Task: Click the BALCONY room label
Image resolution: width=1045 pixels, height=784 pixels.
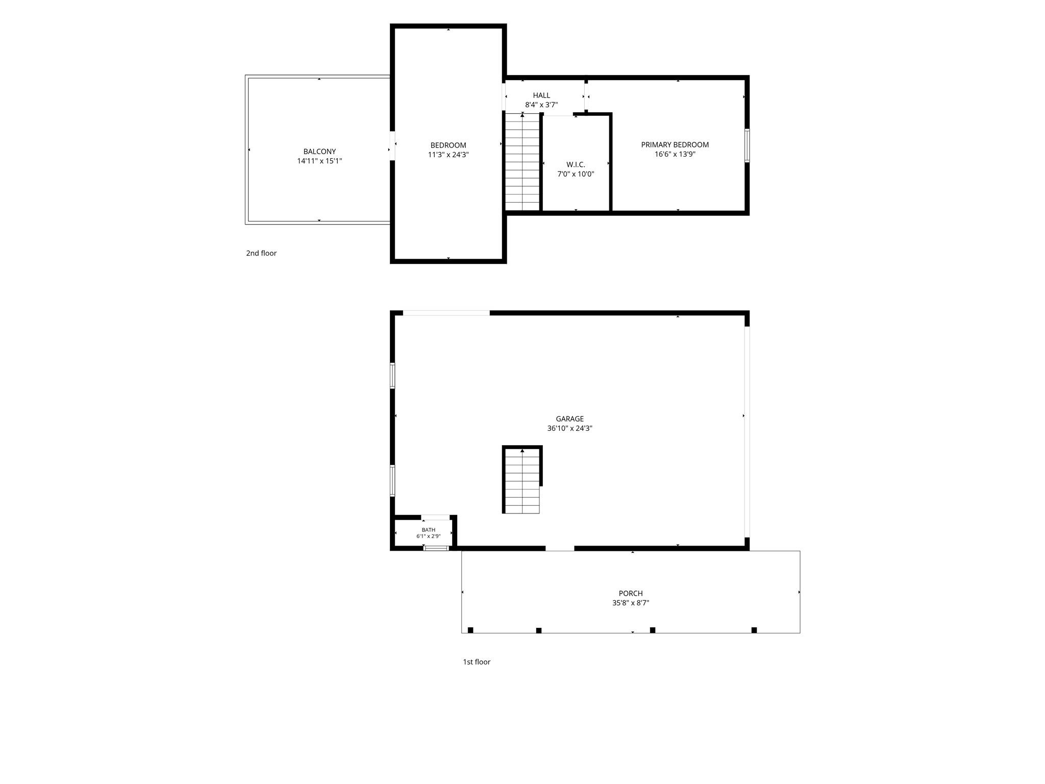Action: pyautogui.click(x=319, y=152)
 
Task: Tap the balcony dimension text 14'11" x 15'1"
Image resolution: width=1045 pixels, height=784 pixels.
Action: pyautogui.click(x=319, y=161)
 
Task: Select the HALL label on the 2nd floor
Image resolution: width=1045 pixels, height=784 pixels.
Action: pyautogui.click(x=541, y=95)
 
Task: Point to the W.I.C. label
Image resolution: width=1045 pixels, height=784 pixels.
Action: pyautogui.click(x=576, y=165)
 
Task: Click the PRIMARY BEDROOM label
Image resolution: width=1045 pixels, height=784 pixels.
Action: pyautogui.click(x=675, y=145)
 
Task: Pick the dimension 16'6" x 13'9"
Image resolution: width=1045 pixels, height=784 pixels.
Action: pyautogui.click(x=675, y=154)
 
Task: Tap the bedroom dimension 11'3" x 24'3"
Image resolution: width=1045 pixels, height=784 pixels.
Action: pyautogui.click(x=448, y=155)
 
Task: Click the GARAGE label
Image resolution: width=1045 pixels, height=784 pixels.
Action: pyautogui.click(x=570, y=419)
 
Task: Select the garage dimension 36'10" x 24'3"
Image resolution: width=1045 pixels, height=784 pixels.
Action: pyautogui.click(x=570, y=429)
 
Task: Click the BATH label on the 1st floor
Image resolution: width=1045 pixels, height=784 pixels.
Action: pyautogui.click(x=429, y=530)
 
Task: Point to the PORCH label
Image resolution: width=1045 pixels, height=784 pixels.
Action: pyautogui.click(x=631, y=594)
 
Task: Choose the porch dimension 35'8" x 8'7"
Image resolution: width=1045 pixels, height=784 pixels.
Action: pyautogui.click(x=631, y=603)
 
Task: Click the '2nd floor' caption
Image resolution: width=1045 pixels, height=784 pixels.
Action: pyautogui.click(x=261, y=253)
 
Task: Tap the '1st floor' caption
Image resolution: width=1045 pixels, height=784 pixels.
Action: pyautogui.click(x=477, y=662)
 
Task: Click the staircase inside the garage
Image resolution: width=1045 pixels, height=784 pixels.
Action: pyautogui.click(x=522, y=481)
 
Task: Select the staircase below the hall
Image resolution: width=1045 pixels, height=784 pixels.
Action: pyautogui.click(x=522, y=162)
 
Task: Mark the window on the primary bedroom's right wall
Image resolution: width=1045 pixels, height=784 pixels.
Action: pyautogui.click(x=747, y=145)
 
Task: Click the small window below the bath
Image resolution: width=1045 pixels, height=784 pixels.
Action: pyautogui.click(x=436, y=548)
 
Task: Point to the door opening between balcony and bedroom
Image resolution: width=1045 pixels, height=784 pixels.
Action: pyautogui.click(x=392, y=146)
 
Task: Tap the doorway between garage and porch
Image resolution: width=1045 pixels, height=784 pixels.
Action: pyautogui.click(x=560, y=548)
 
